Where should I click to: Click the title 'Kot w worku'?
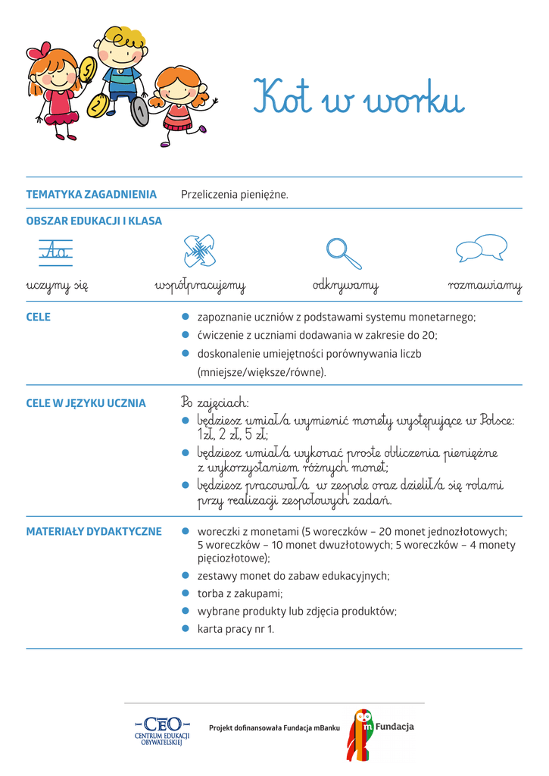tap(358, 98)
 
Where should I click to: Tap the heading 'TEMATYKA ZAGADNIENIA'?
tap(91, 195)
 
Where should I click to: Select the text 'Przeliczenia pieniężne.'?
tap(235, 195)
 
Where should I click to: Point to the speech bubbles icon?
tap(481, 248)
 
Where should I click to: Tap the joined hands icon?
tap(200, 250)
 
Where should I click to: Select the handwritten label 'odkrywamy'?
tap(345, 286)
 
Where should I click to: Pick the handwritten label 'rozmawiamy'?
tap(485, 286)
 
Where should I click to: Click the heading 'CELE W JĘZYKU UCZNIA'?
tap(86, 403)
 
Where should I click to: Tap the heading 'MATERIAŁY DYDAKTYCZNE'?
tap(94, 531)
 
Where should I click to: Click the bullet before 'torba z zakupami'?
tap(186, 593)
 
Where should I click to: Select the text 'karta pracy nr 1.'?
tap(236, 628)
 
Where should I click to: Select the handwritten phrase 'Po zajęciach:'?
tap(215, 402)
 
